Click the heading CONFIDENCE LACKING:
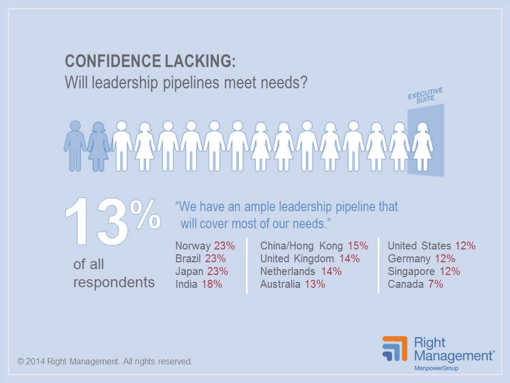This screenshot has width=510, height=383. (x=150, y=61)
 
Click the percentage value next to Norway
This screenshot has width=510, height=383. (x=224, y=246)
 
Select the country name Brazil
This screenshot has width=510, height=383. (x=189, y=259)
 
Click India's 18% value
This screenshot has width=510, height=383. (x=212, y=284)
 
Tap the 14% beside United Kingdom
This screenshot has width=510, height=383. (x=348, y=259)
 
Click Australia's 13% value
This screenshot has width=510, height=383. (x=314, y=284)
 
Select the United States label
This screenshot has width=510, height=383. (x=420, y=246)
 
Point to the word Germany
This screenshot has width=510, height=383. (x=409, y=259)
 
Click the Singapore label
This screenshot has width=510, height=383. (x=411, y=271)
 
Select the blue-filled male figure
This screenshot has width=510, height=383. (x=75, y=145)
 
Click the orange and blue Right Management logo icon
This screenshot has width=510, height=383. (x=394, y=349)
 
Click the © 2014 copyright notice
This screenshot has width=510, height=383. (x=105, y=361)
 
